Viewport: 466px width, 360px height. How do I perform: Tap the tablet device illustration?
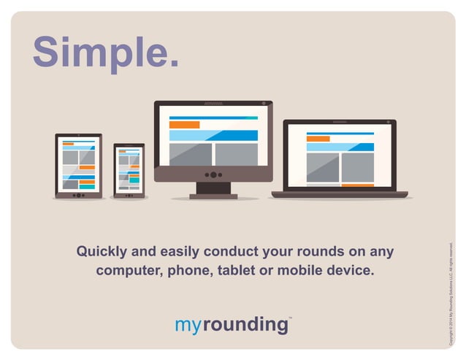[79, 166]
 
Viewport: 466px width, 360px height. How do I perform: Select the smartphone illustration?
[129, 170]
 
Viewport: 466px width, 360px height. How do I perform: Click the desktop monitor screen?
[213, 139]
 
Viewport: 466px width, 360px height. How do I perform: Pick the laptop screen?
[340, 156]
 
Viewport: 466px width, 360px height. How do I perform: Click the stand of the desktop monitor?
[213, 190]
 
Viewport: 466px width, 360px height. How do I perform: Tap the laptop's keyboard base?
[340, 195]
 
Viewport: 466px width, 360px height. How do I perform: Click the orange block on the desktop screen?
[184, 125]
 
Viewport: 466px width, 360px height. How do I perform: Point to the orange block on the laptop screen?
[318, 139]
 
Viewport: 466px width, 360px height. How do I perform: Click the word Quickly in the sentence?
[102, 253]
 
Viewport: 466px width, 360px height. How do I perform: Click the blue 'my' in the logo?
[188, 324]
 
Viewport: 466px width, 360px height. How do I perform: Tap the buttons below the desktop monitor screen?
[213, 175]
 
